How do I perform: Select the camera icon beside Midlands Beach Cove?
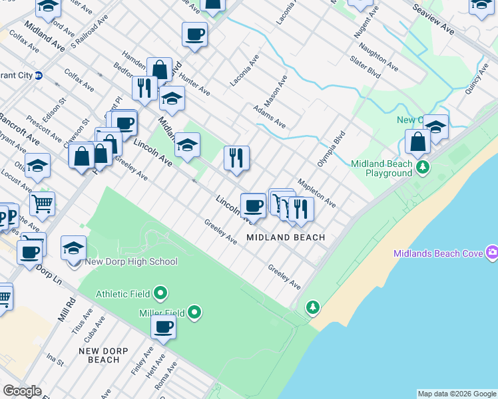point(492,252)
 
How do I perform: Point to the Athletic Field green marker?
point(160,293)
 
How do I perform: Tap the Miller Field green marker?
point(194,312)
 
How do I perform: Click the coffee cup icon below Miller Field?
point(164,327)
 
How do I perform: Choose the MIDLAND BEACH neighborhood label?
point(286,237)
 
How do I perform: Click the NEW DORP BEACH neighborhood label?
point(99,355)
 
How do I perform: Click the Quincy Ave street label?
point(477,80)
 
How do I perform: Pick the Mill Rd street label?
point(67,310)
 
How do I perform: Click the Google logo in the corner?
point(21,391)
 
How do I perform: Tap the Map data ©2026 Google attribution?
point(457,394)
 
